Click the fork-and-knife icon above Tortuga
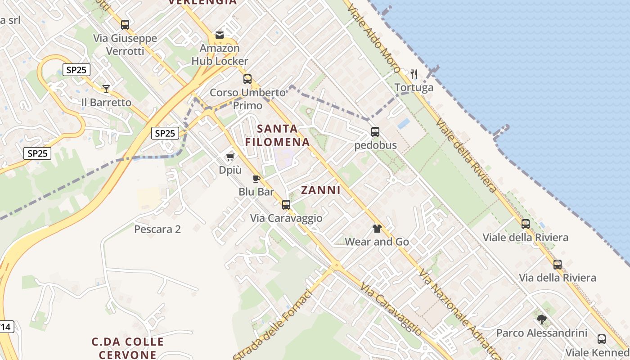(414, 74)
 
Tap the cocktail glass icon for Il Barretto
(106, 89)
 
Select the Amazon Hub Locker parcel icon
(220, 35)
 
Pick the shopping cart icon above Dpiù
(230, 157)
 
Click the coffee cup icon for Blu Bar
(256, 179)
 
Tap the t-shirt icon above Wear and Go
(377, 229)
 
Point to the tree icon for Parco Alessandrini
(542, 319)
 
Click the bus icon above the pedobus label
(375, 132)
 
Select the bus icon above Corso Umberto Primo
(247, 79)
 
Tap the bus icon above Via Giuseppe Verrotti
(125, 25)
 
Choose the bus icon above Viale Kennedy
(602, 339)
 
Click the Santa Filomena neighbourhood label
(278, 135)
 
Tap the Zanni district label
(321, 190)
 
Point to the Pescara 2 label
(157, 229)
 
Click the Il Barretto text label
(106, 103)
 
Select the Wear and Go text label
(377, 242)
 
